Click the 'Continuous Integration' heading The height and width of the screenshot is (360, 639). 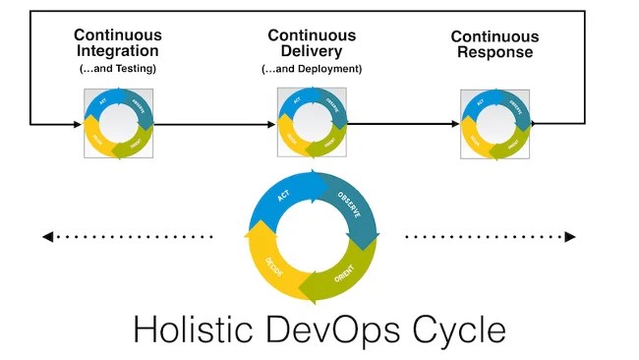pos(118,43)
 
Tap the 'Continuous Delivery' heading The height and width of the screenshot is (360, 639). pos(312,43)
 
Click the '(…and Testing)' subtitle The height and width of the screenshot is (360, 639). pos(118,69)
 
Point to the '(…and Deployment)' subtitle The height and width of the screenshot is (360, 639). pos(312,69)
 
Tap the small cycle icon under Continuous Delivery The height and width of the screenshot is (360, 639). pos(312,124)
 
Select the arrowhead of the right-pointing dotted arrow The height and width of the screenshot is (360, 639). pos(569,236)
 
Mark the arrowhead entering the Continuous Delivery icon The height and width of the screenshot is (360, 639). pos(271,124)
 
